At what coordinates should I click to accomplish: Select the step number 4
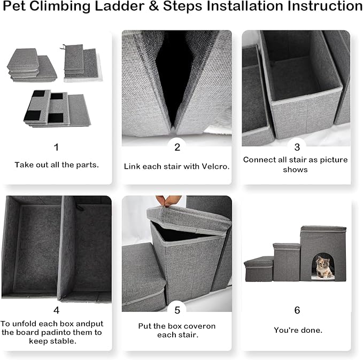(x=57, y=310)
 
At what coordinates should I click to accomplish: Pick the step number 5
(x=177, y=310)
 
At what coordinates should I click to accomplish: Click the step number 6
(x=297, y=310)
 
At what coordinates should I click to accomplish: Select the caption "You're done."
(x=298, y=330)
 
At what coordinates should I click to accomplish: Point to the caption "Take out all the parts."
(x=56, y=165)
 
